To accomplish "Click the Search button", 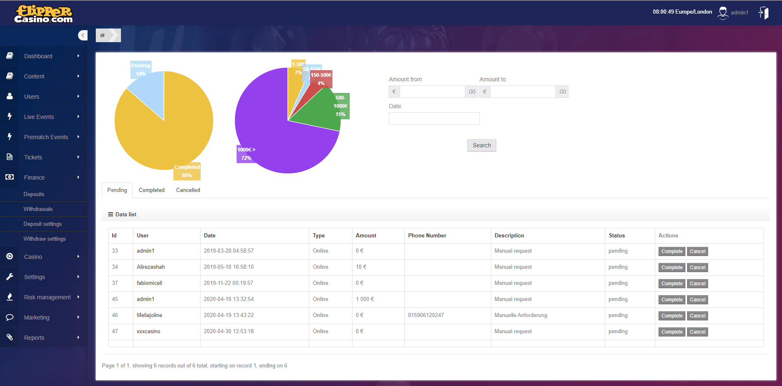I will [481, 145].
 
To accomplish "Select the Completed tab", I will [152, 190].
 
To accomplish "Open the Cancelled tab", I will [188, 190].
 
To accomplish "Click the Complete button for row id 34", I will [671, 268].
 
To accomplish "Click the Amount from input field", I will [432, 92].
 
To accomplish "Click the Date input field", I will [434, 118].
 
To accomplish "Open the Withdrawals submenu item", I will [38, 209].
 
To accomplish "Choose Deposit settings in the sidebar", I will [43, 224].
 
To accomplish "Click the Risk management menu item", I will [47, 297].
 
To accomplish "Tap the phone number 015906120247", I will [426, 315].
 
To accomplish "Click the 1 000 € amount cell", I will [365, 299].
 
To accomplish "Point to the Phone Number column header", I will [427, 236].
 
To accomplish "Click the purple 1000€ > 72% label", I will [246, 154].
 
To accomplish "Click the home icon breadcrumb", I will [102, 36].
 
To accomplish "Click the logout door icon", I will [763, 13].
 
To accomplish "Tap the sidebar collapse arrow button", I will [83, 36].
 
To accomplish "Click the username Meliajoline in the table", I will [149, 315].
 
